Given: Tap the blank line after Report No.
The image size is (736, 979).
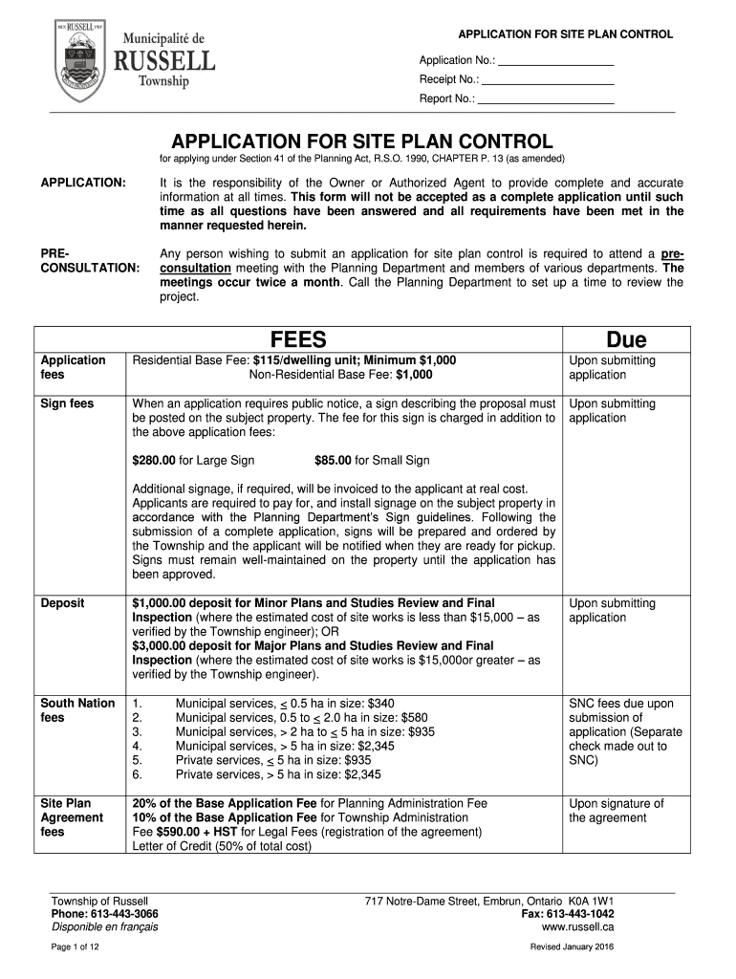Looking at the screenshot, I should (x=546, y=98).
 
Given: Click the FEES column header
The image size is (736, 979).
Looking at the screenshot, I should (x=299, y=339).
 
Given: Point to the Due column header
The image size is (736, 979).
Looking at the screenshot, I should (x=626, y=339).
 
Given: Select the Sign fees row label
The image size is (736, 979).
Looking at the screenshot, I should (x=67, y=403).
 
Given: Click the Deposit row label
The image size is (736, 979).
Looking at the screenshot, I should (x=62, y=603).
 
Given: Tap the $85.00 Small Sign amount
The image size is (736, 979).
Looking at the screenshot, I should (x=333, y=461).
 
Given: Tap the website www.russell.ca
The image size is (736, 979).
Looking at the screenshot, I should (x=577, y=927).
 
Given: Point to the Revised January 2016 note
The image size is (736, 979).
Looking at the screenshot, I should (x=572, y=946).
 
